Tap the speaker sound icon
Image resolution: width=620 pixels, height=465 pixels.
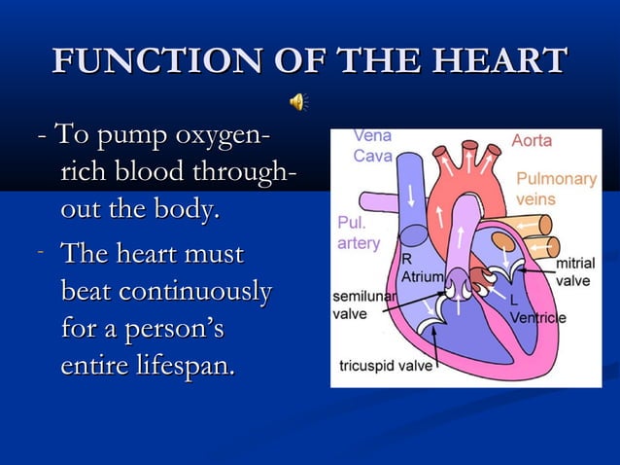pos(299,101)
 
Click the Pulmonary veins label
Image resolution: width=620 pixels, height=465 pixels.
pos(556,188)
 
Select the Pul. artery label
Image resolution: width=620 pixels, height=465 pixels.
pos(359,232)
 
